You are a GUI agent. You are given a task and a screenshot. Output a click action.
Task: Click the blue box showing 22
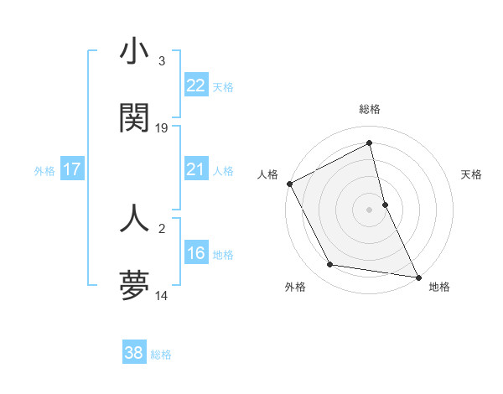tap(196, 86)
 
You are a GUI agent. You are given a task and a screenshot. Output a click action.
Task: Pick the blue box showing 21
tap(196, 169)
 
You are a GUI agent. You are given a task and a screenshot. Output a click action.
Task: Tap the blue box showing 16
tap(196, 253)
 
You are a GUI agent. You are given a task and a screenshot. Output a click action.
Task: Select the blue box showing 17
tap(72, 169)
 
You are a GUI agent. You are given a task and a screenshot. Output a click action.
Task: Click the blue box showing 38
tap(134, 353)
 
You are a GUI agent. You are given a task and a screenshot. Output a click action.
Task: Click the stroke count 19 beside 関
tap(162, 128)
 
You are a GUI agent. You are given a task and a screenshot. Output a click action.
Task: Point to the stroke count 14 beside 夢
tap(162, 295)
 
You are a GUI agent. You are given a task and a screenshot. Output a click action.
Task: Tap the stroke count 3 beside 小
tap(162, 61)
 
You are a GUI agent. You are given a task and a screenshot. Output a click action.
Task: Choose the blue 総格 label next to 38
tap(161, 355)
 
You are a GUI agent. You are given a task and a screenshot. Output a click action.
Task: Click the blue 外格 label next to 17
tap(44, 171)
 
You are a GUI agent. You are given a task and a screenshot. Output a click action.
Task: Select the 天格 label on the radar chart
tap(471, 174)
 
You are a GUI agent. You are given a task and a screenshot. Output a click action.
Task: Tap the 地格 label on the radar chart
tap(439, 287)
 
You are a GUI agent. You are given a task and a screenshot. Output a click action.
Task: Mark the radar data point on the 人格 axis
tap(289, 184)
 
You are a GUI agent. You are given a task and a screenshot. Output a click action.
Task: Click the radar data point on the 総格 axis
tap(370, 143)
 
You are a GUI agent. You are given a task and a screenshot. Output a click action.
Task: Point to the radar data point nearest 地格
tap(417, 276)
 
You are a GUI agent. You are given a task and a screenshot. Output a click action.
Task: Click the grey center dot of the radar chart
tap(370, 210)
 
